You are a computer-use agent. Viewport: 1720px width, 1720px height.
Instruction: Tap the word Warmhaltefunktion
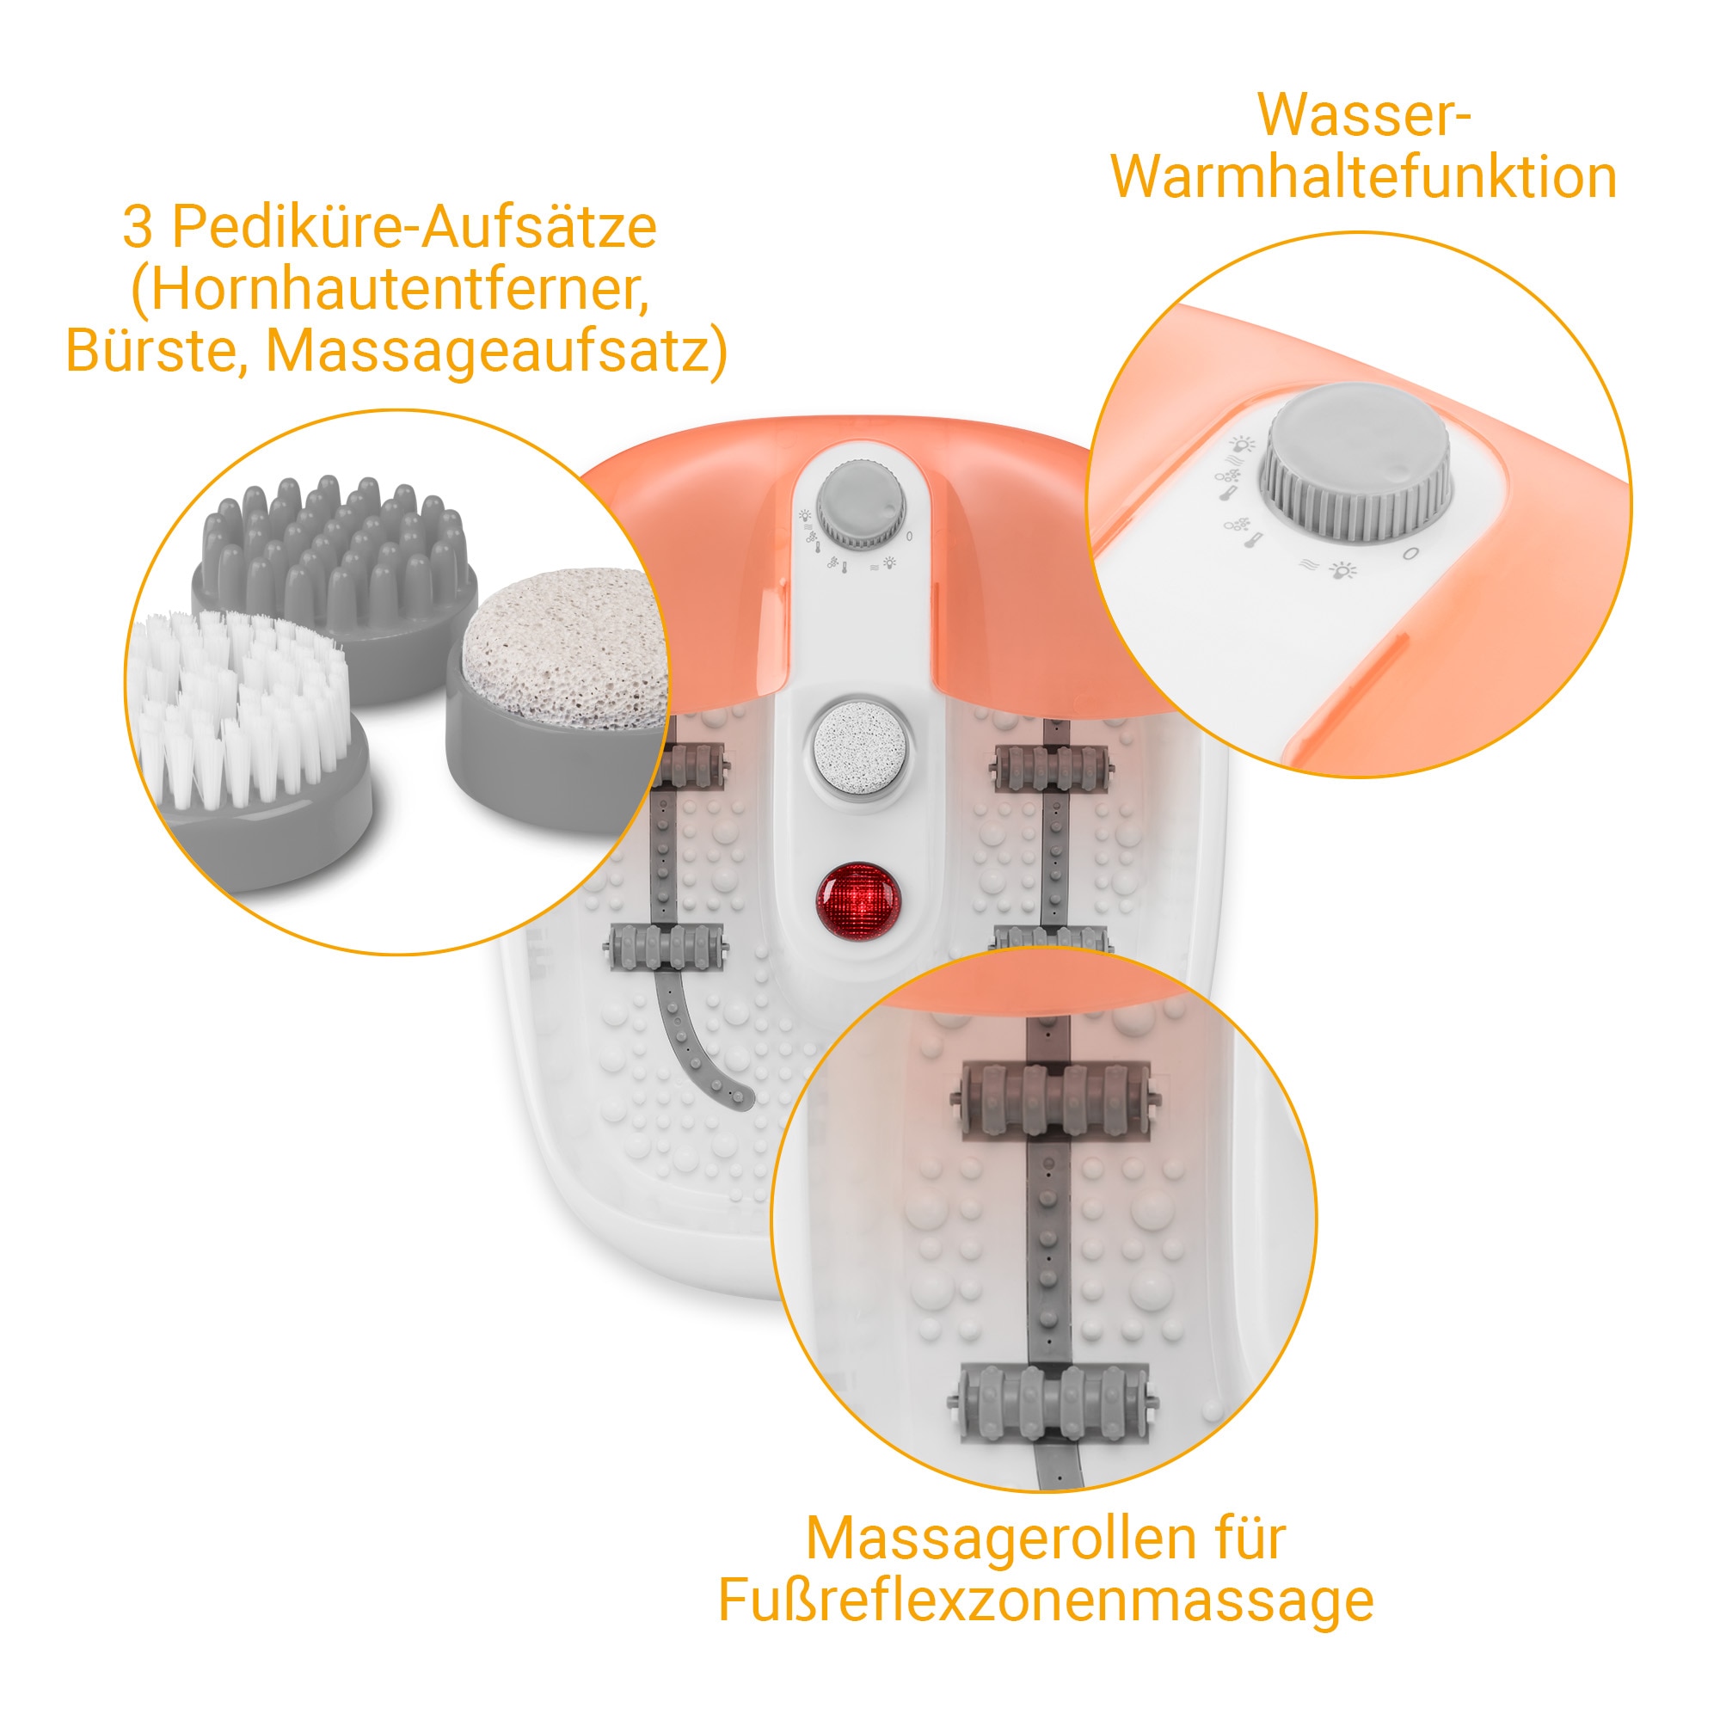click(1363, 177)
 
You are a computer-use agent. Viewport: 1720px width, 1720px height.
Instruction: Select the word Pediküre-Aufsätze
click(413, 227)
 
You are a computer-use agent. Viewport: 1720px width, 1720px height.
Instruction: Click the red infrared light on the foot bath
click(858, 900)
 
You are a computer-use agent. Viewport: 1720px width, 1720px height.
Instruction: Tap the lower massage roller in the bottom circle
click(1054, 1404)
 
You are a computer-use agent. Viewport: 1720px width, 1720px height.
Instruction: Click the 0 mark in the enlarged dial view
click(1410, 555)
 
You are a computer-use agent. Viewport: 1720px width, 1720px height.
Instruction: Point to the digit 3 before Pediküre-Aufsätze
click(138, 227)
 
